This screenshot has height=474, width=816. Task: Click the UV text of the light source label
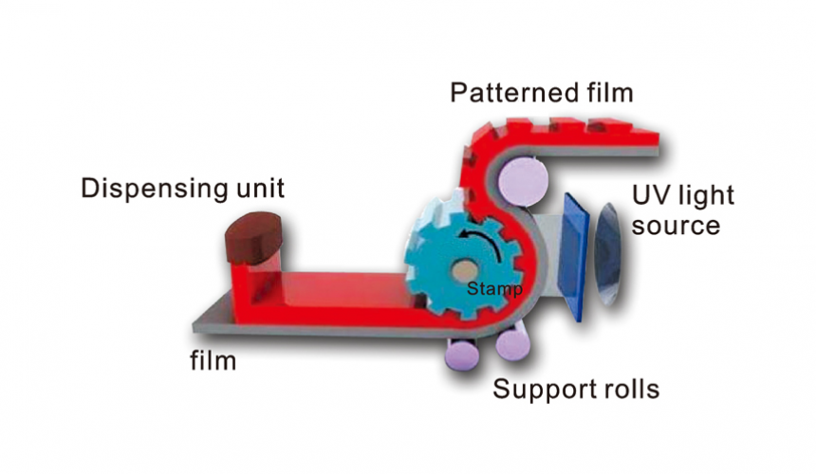(x=649, y=195)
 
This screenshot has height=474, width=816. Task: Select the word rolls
(x=627, y=389)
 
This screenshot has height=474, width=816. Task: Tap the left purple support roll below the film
(x=464, y=353)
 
